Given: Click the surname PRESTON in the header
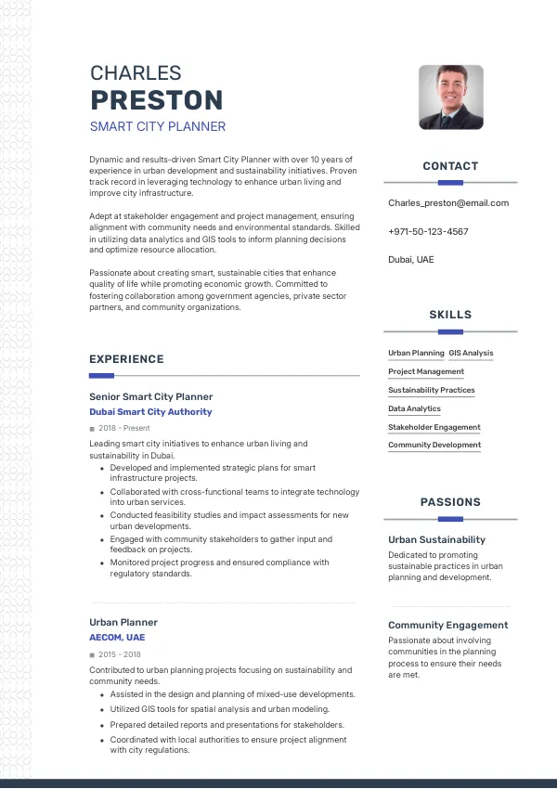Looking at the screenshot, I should tap(156, 100).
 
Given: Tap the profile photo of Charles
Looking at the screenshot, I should tap(451, 97).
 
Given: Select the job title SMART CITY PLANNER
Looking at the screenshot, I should tap(158, 126).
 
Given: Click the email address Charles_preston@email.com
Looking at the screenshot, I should tap(448, 202).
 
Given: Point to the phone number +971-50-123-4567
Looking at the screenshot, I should tap(428, 231).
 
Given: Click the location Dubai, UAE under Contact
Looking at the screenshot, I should tap(410, 259).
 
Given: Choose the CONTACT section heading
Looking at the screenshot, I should tap(450, 166).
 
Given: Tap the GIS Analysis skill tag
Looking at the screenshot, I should tap(471, 353).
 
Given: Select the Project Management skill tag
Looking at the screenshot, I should tap(426, 371).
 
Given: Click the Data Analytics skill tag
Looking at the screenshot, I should tap(414, 408).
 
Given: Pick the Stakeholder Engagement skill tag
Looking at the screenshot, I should tap(434, 427).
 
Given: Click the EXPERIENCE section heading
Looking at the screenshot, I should tap(126, 359).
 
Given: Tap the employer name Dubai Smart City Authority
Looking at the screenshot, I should tap(150, 411).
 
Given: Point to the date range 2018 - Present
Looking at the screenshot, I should tap(123, 428).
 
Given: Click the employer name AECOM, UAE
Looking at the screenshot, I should tap(117, 638).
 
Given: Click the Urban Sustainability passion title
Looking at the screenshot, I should tap(436, 539).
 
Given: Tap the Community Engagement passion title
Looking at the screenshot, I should tap(447, 625).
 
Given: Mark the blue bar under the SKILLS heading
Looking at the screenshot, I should tap(450, 331).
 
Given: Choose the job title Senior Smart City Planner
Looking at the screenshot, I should tap(151, 396).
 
